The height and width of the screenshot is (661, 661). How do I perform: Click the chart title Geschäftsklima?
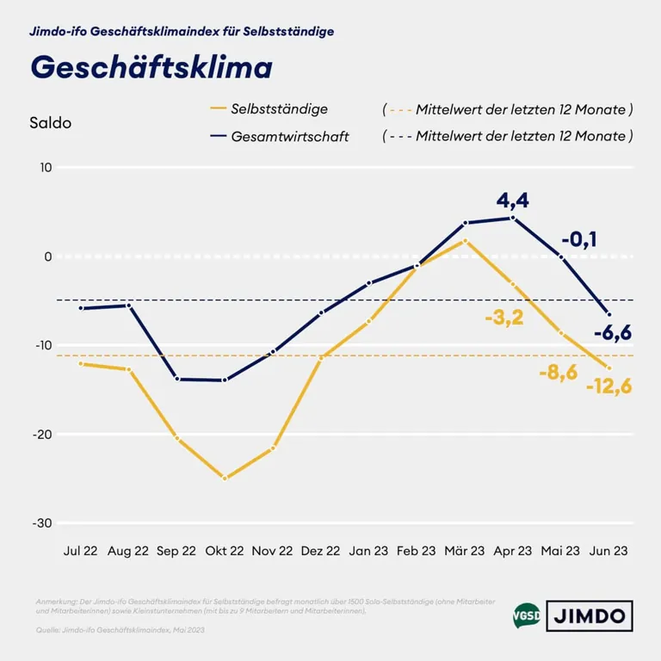pyautogui.click(x=151, y=67)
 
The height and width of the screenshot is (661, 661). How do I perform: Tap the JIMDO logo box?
pyautogui.click(x=590, y=615)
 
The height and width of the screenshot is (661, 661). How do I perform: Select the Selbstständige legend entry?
pyautogui.click(x=279, y=108)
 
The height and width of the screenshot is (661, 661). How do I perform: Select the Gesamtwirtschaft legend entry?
pyautogui.click(x=289, y=136)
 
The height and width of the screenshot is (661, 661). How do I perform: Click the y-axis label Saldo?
pyautogui.click(x=51, y=122)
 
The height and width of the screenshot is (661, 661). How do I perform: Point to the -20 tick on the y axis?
pyautogui.click(x=40, y=435)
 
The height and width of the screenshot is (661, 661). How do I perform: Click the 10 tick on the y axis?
pyautogui.click(x=45, y=168)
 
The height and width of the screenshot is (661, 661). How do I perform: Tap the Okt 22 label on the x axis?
pyautogui.click(x=225, y=551)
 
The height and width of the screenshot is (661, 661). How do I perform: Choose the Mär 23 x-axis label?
pyautogui.click(x=465, y=551)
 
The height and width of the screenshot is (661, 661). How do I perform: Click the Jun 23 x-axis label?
pyautogui.click(x=608, y=551)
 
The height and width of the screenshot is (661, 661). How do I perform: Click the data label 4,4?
pyautogui.click(x=513, y=201)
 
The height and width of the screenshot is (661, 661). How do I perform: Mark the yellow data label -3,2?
pyautogui.click(x=504, y=318)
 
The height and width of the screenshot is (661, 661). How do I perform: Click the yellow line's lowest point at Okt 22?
pyautogui.click(x=225, y=478)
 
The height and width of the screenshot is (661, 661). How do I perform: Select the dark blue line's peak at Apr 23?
pyautogui.click(x=513, y=218)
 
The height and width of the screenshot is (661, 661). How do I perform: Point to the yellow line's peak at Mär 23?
pyautogui.click(x=465, y=241)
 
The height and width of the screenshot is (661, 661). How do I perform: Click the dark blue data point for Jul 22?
pyautogui.click(x=81, y=308)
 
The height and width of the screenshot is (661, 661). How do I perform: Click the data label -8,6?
pyautogui.click(x=557, y=373)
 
